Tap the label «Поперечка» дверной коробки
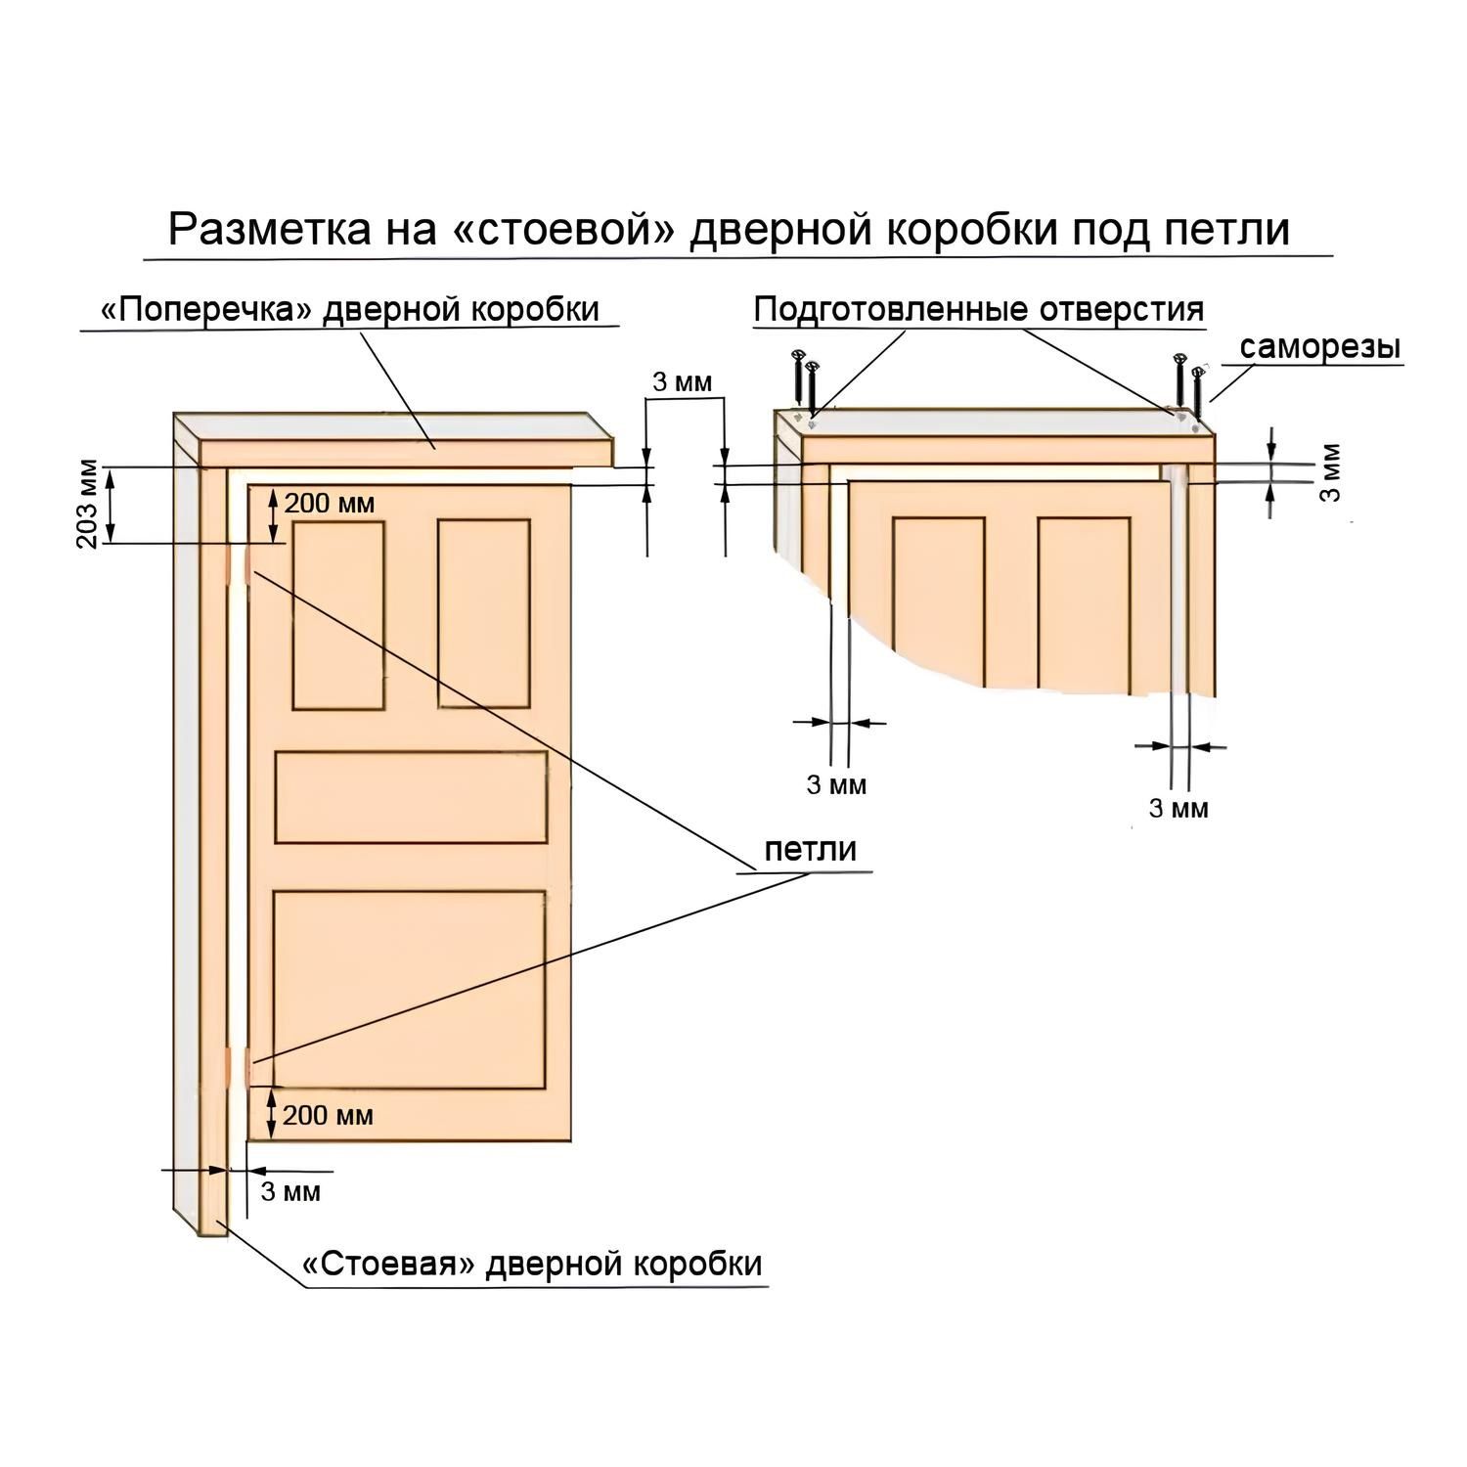point(350,309)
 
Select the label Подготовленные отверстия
point(979,309)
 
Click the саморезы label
point(1319,347)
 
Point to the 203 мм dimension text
point(89,505)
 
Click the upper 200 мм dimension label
point(329,504)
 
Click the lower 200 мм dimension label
point(328,1115)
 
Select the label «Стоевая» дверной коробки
point(533,1264)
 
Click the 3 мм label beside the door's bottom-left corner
point(290,1192)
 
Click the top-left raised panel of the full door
point(337,615)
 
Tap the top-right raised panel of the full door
point(484,613)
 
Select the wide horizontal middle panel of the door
point(411,797)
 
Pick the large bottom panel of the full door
point(410,988)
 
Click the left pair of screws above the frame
point(806,381)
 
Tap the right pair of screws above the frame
point(1189,384)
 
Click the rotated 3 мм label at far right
point(1332,473)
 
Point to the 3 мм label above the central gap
point(683,382)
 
